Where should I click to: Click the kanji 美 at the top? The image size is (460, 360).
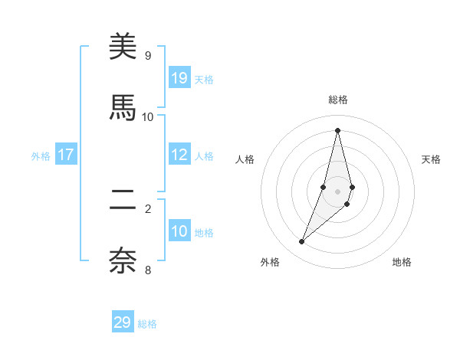(x=123, y=47)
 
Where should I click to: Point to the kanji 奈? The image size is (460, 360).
(x=123, y=260)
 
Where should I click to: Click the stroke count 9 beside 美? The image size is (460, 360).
(x=147, y=56)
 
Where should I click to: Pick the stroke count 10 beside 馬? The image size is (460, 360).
(x=147, y=116)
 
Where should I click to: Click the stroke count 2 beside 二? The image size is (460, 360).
(x=147, y=208)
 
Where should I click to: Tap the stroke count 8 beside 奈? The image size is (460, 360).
(x=147, y=269)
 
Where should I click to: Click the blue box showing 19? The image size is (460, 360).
(x=179, y=77)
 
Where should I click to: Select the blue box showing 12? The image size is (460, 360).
(x=179, y=154)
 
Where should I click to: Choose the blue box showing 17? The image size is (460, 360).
(x=66, y=155)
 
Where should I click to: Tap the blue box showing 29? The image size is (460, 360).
(x=123, y=322)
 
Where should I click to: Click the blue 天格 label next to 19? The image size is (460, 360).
(x=204, y=79)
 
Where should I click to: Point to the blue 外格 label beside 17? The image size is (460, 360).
(x=41, y=155)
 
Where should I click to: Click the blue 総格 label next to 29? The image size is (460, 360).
(x=147, y=324)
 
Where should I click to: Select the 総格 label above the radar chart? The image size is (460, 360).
(x=338, y=100)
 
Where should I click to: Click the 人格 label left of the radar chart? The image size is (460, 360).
(x=245, y=159)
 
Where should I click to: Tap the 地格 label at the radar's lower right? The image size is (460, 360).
(x=402, y=262)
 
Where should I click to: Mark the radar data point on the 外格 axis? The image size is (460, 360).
(x=302, y=242)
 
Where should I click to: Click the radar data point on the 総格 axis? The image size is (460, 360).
(x=338, y=129)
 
